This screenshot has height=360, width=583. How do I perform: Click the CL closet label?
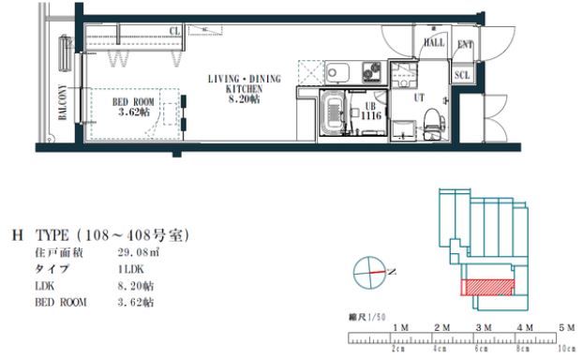tap(175, 31)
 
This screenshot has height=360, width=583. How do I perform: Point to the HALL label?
tap(435, 42)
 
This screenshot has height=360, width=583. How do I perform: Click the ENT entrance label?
tap(464, 42)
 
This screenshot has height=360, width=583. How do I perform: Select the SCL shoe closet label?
tap(461, 76)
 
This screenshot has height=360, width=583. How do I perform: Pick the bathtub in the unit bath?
tap(333, 113)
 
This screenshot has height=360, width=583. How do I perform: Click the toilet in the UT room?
tap(431, 121)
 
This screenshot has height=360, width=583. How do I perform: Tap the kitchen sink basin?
tap(336, 72)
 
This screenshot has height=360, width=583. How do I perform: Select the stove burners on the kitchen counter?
tap(367, 71)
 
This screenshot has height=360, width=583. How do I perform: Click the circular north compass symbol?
tap(368, 274)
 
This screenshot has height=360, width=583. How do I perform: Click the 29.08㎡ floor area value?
tap(135, 252)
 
